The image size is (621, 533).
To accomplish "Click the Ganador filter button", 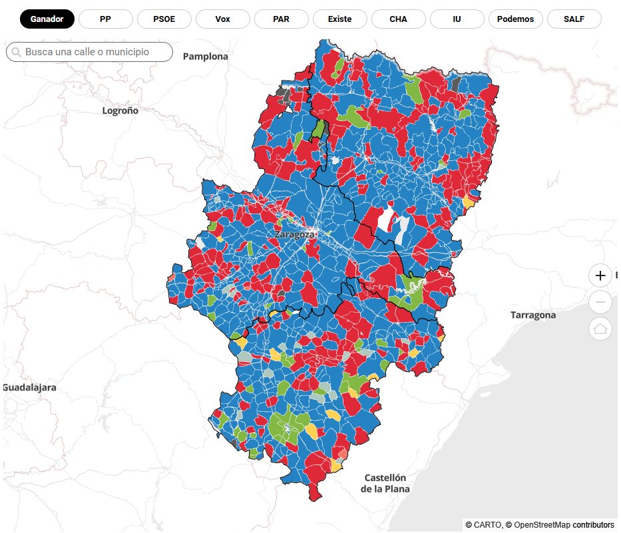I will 47,19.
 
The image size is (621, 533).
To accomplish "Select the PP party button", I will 105,19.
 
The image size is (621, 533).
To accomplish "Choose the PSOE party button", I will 164,19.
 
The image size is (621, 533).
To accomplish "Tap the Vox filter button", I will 223,19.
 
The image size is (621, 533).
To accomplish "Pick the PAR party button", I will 281,19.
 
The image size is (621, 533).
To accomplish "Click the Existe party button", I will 339,19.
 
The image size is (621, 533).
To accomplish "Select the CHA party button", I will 398,19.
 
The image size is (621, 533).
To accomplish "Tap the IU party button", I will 457,19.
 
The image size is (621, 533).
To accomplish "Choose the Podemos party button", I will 515,19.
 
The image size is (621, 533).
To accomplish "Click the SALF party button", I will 574,19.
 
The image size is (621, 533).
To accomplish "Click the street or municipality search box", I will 93,52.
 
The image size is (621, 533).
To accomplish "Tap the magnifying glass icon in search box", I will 16,52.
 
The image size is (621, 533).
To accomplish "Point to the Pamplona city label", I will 205,57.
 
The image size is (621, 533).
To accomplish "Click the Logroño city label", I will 120,110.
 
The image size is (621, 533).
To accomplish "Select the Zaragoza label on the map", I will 294,235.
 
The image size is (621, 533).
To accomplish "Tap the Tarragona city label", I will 532,315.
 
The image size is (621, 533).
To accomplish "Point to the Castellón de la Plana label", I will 385,483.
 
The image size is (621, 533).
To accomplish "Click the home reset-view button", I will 600,329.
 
